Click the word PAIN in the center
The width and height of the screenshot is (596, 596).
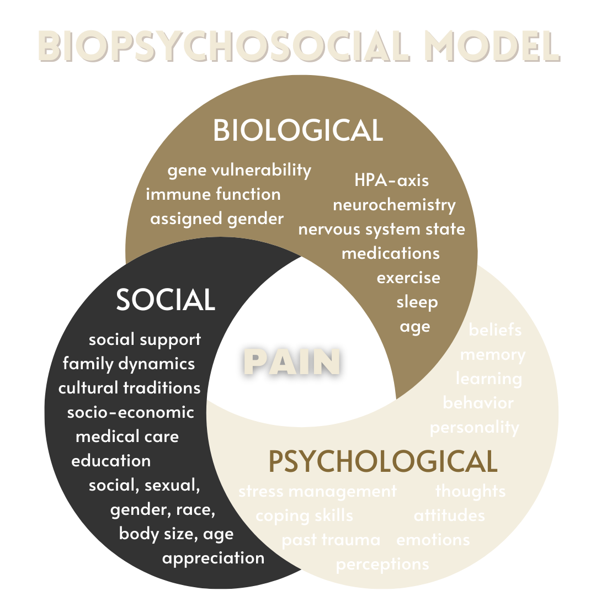(292, 363)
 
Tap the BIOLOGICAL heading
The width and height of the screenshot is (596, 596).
(298, 131)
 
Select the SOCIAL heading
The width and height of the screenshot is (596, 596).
(166, 300)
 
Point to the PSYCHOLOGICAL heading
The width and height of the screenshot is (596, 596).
(382, 462)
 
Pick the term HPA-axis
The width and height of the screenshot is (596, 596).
(391, 180)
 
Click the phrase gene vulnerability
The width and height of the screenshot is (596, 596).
(240, 171)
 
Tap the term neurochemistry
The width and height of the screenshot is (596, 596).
(394, 205)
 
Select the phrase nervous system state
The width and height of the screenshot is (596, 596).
(381, 229)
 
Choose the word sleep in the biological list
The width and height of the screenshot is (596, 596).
(417, 302)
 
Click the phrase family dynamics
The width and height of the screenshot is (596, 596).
(129, 364)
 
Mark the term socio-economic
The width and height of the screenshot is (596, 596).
(131, 412)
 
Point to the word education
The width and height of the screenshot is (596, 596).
(111, 460)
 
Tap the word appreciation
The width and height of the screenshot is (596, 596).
(213, 558)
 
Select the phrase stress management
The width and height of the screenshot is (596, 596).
(317, 491)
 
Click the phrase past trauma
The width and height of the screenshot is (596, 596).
(331, 540)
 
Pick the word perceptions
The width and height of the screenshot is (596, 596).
(382, 564)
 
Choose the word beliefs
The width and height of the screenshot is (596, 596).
(495, 330)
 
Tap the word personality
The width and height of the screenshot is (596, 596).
(475, 428)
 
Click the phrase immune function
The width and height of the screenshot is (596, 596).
(213, 194)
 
